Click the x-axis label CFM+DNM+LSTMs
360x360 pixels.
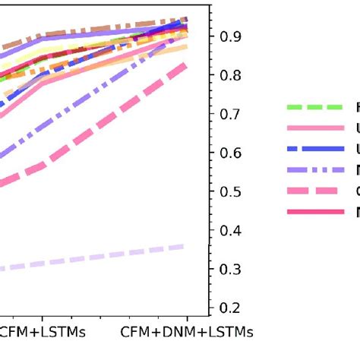(x=187, y=333)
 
